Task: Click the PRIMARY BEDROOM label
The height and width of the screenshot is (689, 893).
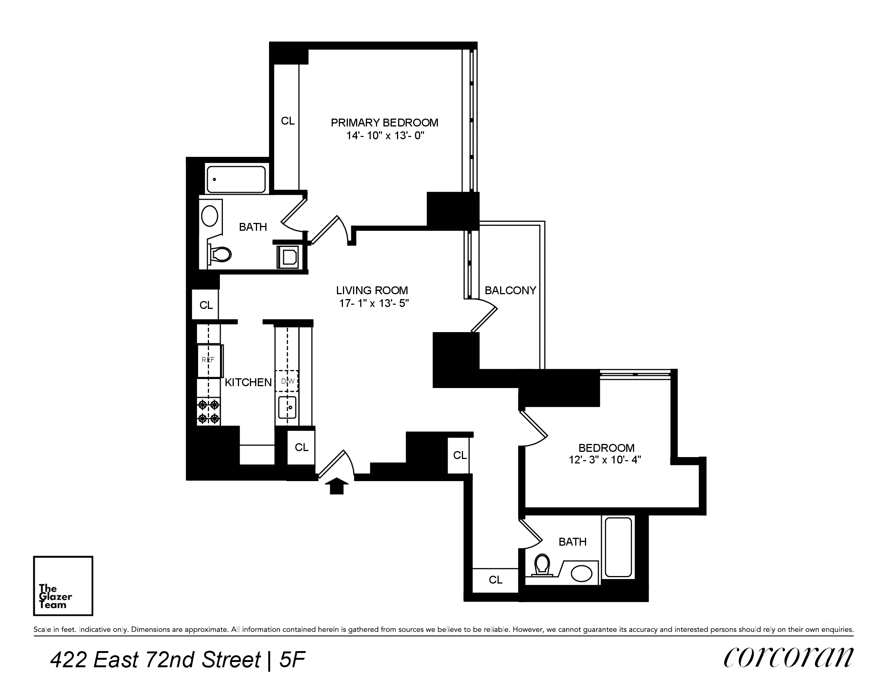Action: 384,123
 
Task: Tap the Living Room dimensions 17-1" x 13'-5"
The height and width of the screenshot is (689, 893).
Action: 374,303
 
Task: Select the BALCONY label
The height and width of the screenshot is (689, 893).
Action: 510,290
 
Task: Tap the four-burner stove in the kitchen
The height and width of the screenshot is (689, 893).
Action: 209,412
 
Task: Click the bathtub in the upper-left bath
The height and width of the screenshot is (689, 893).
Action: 236,179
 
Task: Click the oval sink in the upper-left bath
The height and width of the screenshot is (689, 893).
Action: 210,216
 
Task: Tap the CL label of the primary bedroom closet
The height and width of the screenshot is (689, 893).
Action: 287,121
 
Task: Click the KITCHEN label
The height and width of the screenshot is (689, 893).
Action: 248,382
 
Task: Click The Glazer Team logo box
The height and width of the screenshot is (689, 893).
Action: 63,585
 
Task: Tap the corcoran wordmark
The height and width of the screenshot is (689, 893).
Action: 788,658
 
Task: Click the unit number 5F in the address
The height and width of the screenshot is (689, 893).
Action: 292,660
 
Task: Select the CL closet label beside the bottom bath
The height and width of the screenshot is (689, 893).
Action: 496,580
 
